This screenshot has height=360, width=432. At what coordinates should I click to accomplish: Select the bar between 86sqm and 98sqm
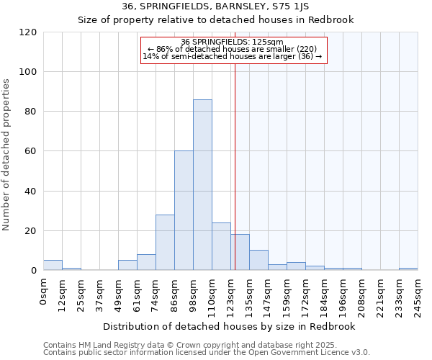click(x=184, y=211)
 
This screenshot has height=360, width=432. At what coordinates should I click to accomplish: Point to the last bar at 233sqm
click(x=408, y=269)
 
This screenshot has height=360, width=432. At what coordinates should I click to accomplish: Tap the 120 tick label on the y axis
click(x=28, y=32)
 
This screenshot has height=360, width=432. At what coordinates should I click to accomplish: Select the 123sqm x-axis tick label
click(x=230, y=291)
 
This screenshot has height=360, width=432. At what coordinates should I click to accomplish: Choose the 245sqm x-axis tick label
click(x=418, y=291)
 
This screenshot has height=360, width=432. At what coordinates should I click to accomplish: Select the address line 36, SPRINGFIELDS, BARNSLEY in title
click(x=215, y=6)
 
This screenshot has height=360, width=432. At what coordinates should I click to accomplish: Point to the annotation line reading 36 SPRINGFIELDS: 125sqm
click(x=232, y=42)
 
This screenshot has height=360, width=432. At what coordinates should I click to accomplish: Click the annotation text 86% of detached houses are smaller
click(x=232, y=49)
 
